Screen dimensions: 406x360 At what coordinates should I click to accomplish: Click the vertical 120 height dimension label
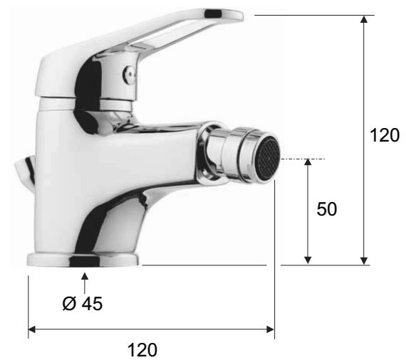[385, 135]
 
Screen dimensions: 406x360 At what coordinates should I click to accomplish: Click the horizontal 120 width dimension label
[142, 350]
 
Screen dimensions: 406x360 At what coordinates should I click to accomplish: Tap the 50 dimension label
[327, 209]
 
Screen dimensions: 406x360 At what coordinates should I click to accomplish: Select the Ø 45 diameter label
[83, 303]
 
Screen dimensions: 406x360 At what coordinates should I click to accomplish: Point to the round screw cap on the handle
[129, 75]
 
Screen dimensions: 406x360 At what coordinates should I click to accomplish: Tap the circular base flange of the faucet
[83, 260]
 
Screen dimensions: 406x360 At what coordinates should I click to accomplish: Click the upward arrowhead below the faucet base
[85, 276]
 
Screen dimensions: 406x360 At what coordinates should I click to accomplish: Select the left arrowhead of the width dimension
[31, 329]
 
